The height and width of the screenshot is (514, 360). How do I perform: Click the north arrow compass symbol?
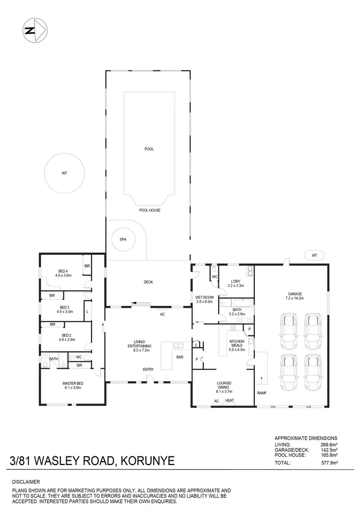(x=34, y=31)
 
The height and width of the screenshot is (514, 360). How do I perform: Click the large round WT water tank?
(x=64, y=172)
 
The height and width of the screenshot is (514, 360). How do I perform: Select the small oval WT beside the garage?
(x=314, y=255)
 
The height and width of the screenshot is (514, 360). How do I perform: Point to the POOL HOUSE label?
(x=149, y=210)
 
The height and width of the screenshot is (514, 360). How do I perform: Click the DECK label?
(x=148, y=282)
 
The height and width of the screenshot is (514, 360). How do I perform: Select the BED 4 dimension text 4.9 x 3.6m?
(x=63, y=275)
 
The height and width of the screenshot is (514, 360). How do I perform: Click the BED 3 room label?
(x=65, y=307)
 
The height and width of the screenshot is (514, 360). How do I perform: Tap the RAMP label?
(x=262, y=393)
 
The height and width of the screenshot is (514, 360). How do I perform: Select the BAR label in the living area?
(x=180, y=357)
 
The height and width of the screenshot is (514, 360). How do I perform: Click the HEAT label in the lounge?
(x=229, y=401)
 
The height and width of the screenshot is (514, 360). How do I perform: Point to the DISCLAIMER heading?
(x=26, y=481)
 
